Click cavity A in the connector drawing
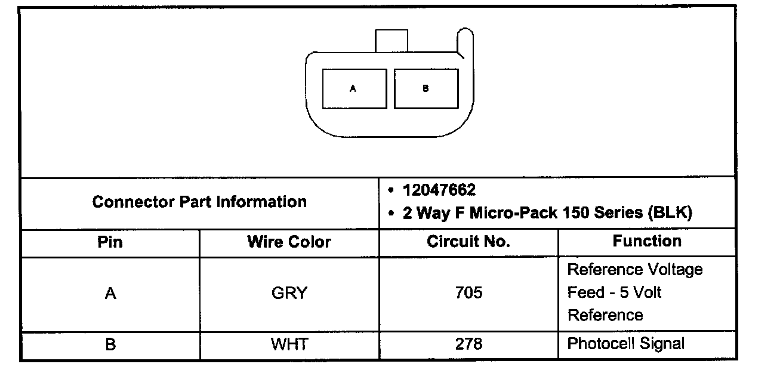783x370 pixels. click(x=354, y=89)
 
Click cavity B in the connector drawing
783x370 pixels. click(x=426, y=89)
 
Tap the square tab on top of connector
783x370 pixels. click(x=391, y=41)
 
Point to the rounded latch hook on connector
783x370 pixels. click(x=466, y=42)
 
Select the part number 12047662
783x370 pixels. click(x=439, y=190)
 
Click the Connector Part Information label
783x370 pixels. click(x=199, y=202)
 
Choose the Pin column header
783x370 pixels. click(x=110, y=242)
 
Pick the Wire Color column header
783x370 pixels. click(x=289, y=242)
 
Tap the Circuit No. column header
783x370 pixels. click(x=468, y=242)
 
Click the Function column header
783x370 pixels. click(x=647, y=241)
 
